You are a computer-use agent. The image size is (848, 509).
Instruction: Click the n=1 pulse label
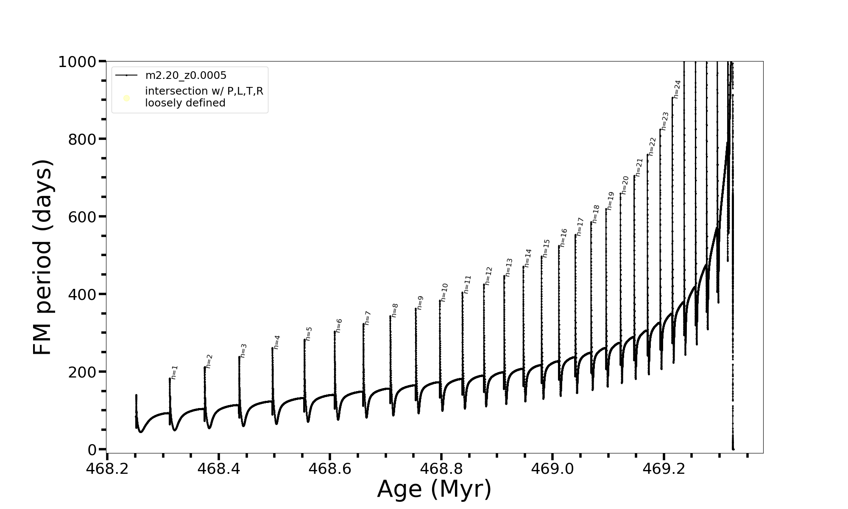(174, 372)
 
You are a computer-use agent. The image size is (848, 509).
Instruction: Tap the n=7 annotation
(368, 318)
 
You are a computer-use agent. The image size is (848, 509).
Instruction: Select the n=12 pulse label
(488, 276)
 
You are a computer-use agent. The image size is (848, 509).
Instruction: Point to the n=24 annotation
(677, 89)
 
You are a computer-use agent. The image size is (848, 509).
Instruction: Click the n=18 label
(596, 214)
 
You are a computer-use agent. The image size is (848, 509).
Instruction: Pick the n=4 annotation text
(276, 342)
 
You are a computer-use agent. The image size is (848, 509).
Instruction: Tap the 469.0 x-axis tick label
(552, 469)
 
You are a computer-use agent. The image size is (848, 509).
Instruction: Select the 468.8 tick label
(441, 469)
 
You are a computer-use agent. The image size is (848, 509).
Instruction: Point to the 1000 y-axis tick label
(77, 62)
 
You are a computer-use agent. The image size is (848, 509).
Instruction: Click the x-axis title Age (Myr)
(434, 489)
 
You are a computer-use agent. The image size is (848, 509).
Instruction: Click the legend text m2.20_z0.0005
(186, 76)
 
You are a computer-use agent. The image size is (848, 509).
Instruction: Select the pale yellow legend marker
(126, 98)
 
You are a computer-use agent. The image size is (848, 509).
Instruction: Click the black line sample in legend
(126, 76)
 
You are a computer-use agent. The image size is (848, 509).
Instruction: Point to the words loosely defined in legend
(185, 103)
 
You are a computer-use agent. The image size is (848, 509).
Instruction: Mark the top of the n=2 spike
(204, 367)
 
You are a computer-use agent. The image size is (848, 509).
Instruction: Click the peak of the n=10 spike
(440, 301)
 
